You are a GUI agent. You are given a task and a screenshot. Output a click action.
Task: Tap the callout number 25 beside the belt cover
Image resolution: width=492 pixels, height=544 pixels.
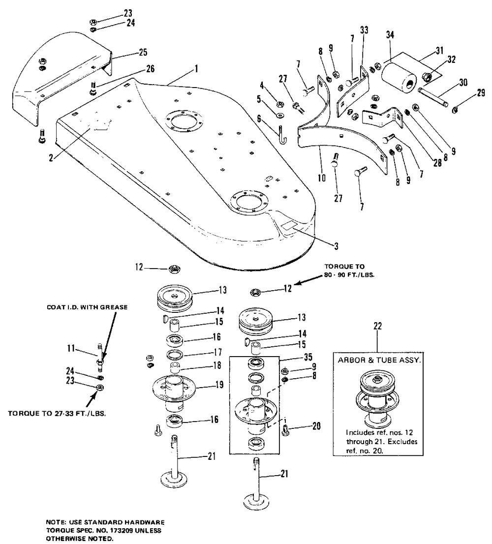coord(143,52)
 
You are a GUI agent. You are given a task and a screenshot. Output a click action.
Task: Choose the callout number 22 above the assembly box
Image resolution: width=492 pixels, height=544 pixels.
coord(377,326)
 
